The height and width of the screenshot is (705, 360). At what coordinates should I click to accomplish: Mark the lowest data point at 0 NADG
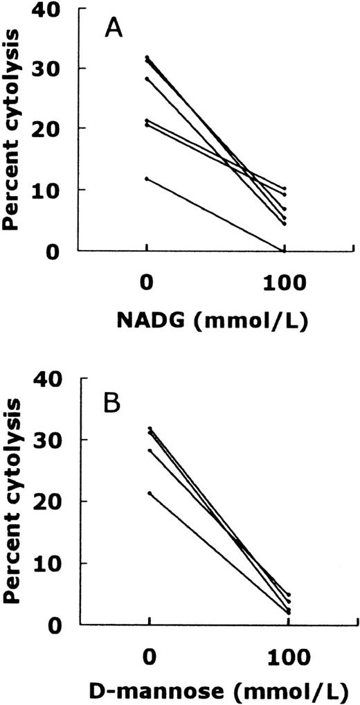(147, 179)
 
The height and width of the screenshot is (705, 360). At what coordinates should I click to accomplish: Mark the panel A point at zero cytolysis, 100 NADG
(284, 250)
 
